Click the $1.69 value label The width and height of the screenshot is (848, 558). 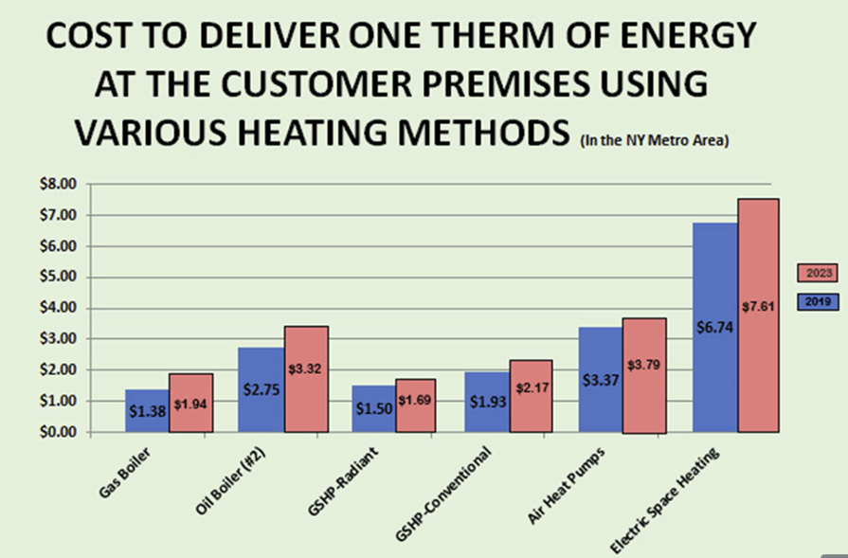coord(415,412)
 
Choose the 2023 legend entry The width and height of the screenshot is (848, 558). coord(818,274)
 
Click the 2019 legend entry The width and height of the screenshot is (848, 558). coord(818,301)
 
